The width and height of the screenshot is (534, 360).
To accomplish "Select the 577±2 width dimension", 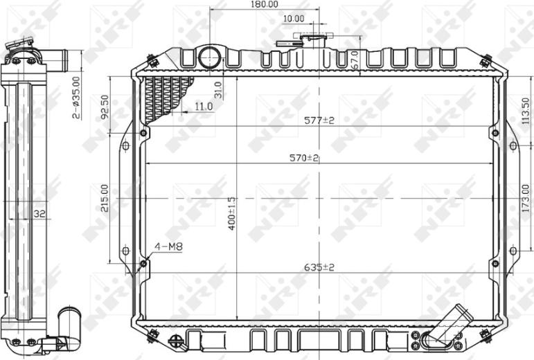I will click(x=319, y=120).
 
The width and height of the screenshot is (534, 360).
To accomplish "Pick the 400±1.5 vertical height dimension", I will click(x=233, y=213).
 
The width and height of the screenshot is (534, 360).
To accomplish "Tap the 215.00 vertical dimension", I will click(x=105, y=198).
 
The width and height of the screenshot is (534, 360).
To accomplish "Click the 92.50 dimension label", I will click(x=105, y=107).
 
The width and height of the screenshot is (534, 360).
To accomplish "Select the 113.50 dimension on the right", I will click(x=526, y=110).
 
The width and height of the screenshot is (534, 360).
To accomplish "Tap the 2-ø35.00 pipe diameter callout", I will click(x=76, y=98).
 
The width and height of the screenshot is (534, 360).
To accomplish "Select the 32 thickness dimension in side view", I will click(x=39, y=215).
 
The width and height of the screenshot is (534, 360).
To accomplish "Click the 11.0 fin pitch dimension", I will click(x=203, y=106).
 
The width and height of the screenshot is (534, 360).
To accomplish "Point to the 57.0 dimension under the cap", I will click(x=355, y=60).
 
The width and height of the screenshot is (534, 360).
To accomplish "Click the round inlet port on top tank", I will click(x=208, y=57).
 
